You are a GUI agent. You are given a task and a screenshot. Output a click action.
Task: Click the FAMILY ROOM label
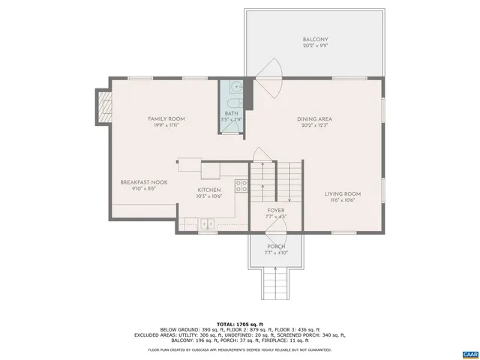coord(166,118)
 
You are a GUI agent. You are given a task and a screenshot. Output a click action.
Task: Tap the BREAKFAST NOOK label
coord(144,182)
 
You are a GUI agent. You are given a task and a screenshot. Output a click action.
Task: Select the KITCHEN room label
coord(208,190)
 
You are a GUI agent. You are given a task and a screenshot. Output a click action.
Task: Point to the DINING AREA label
coord(315,118)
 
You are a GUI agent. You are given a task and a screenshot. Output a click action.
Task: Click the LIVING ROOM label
coord(342,193)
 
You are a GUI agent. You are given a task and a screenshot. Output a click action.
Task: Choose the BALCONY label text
coord(315,40)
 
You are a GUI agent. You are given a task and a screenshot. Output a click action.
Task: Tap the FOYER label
coord(276,211)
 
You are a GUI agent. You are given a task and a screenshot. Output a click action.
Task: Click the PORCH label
coord(276,247)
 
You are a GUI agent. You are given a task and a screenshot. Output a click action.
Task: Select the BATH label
coord(231,113)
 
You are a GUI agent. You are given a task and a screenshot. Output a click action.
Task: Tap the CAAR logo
coord(469,352)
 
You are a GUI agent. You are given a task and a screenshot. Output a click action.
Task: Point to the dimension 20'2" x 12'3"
coord(315,126)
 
